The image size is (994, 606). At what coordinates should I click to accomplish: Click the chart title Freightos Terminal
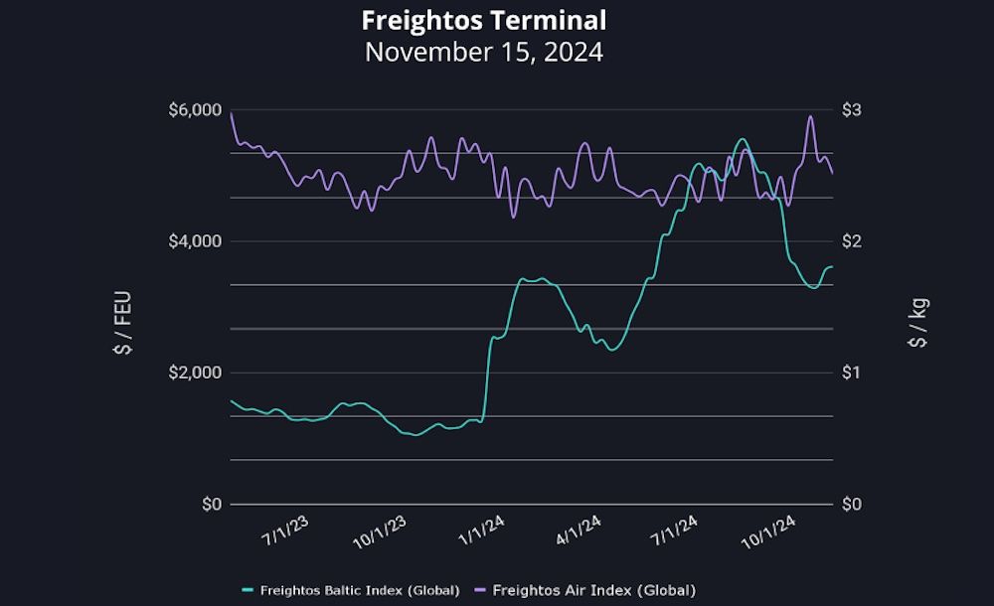pyautogui.click(x=483, y=20)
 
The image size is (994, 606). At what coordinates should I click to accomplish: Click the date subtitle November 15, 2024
pyautogui.click(x=483, y=52)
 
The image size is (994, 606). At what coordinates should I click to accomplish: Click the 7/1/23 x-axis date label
pyautogui.click(x=285, y=534)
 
